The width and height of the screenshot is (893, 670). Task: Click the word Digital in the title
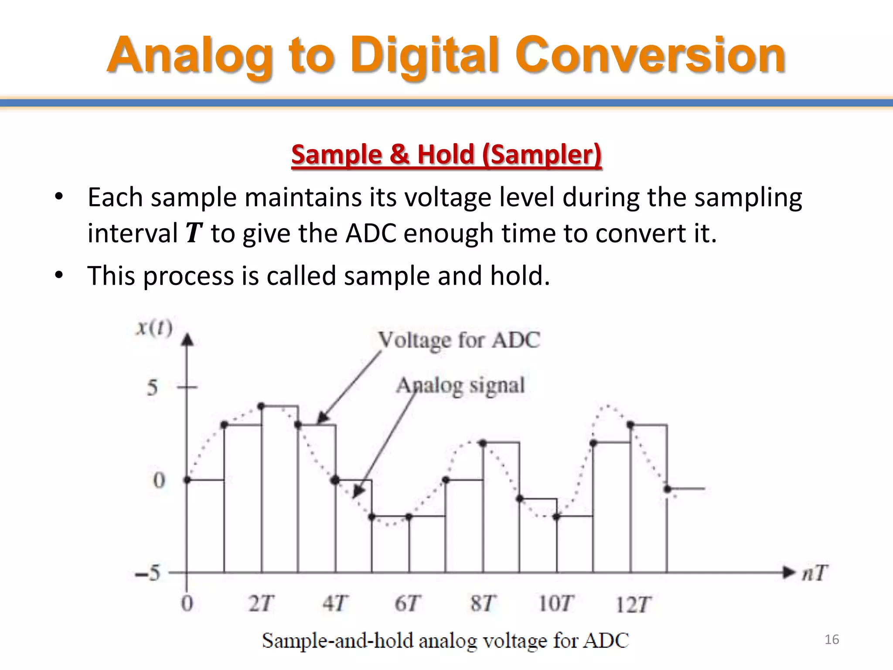pos(425,56)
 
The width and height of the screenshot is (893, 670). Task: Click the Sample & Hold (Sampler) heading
pos(446,155)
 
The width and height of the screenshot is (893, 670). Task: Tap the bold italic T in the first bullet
pos(194,233)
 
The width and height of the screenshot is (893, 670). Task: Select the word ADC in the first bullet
pos(371,233)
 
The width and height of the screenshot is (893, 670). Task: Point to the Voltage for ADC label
pos(459,340)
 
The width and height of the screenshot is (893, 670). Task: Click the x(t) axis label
pos(154,327)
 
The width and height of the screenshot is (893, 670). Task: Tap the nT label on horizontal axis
pos(815,573)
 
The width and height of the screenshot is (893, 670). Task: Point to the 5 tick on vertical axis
pos(152,387)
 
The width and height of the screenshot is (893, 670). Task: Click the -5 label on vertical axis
pos(148,573)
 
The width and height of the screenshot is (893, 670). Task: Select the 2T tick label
pos(261,604)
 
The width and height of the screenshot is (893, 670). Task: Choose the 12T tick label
pos(633,605)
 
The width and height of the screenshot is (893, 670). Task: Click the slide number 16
pos(832,639)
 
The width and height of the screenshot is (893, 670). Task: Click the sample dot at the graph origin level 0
pos(187,480)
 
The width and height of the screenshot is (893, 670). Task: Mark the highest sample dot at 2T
pos(261,406)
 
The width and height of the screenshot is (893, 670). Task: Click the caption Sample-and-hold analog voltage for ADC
pos(445,641)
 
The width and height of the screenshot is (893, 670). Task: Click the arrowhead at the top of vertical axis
pos(187,339)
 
